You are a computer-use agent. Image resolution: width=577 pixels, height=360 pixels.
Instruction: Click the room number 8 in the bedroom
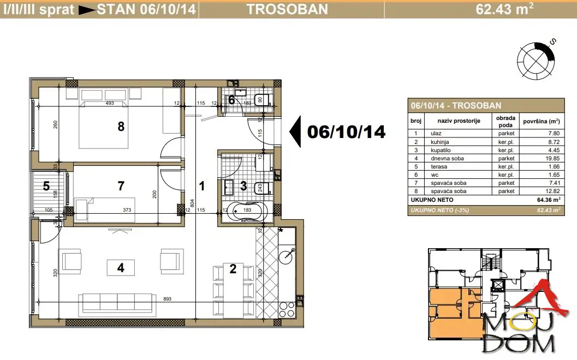tap(121, 127)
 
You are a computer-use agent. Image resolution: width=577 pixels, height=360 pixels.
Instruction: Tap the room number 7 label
tap(121, 186)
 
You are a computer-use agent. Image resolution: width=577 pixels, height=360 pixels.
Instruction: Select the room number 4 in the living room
tap(121, 267)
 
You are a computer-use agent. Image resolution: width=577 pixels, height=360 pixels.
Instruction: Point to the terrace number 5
tap(46, 186)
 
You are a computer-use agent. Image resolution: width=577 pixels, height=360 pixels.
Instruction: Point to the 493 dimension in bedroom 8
tap(109, 103)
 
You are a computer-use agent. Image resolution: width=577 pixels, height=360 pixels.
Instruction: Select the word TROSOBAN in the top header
tap(287, 9)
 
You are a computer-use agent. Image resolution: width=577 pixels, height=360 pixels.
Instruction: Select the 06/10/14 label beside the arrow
tap(346, 131)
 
